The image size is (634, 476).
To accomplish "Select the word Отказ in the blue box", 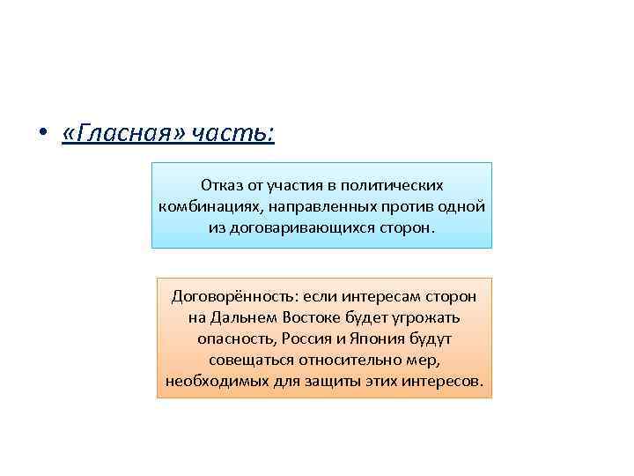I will [x=219, y=186].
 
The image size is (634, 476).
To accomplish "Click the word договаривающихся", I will [x=304, y=227].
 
